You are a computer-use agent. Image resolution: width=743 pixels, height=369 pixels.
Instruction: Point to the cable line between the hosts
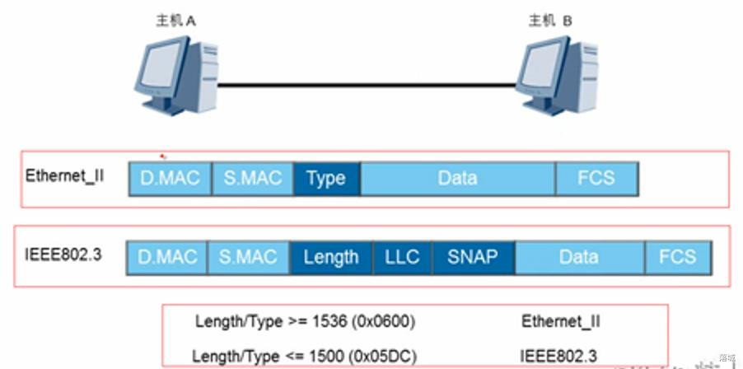tap(371, 83)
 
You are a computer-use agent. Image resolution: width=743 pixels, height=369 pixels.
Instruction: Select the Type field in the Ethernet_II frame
tap(326, 179)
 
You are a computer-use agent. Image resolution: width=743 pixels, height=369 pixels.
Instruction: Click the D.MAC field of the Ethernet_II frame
tap(170, 179)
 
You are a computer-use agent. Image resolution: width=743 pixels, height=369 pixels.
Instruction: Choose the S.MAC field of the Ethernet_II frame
tap(252, 179)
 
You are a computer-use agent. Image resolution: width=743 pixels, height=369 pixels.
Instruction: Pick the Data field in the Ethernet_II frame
tap(457, 179)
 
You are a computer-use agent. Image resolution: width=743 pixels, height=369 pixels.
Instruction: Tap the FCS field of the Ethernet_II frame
tap(596, 179)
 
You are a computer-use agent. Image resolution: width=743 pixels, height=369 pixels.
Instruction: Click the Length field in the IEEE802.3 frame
tap(331, 257)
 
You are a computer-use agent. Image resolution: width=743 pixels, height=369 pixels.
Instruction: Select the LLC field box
tap(402, 257)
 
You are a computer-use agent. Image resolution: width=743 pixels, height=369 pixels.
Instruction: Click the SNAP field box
tap(473, 257)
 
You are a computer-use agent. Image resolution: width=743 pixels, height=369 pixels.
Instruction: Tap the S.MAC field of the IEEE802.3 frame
tap(248, 257)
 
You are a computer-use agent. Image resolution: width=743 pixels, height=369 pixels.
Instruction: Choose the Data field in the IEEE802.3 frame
tap(578, 257)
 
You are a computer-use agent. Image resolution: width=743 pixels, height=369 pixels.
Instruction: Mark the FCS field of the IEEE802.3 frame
tap(677, 257)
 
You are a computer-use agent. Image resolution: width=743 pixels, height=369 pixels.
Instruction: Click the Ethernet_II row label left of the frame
tap(64, 176)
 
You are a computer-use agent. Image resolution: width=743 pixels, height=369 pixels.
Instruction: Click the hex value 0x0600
tap(386, 321)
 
